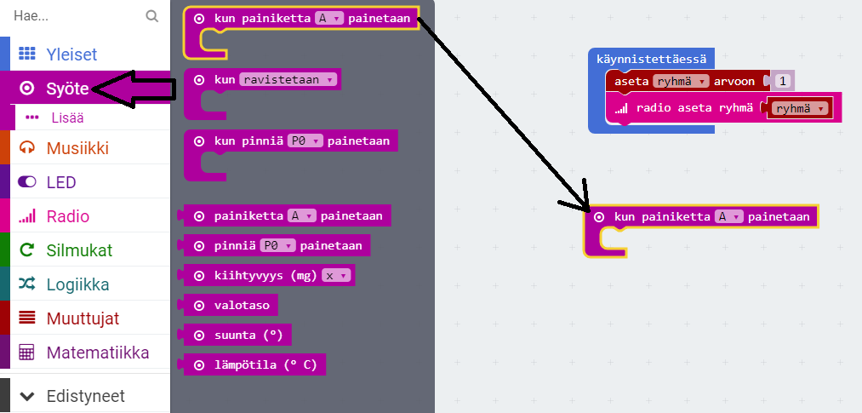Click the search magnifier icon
pos(152,15)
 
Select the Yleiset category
pos(71,54)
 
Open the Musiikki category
pos(77,148)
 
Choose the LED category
pos(61,182)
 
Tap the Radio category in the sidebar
pos(68,216)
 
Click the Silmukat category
pos(79,250)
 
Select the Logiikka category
pos(77,284)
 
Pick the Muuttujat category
pos(83,318)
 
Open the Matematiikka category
pos(97,353)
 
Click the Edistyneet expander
pos(84,396)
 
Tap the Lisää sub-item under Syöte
pos(67,118)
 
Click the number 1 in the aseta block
pos(783,81)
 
